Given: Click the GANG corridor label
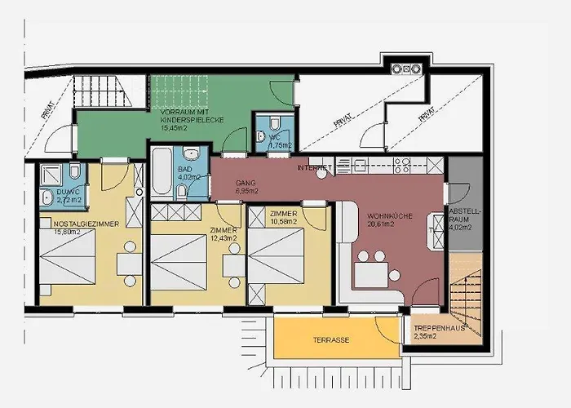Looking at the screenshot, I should [246, 182].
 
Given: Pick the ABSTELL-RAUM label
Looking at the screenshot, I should [466, 215].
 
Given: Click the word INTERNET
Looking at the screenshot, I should [316, 167].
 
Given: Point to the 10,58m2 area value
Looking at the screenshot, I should [277, 221].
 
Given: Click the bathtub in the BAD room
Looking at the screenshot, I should [161, 173].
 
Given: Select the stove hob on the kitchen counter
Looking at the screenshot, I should [401, 165].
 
